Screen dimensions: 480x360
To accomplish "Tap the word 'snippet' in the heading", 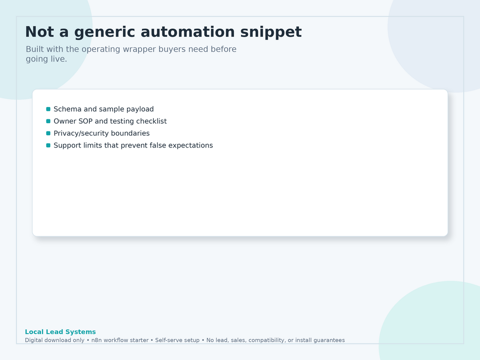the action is coord(271,32).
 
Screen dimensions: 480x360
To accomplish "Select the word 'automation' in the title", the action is coord(187,32).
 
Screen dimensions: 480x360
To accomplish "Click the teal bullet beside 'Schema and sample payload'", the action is coord(48,109).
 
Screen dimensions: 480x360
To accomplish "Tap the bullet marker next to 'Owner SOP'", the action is coord(48,121).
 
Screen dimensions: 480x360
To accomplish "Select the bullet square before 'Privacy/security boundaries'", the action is coord(48,133).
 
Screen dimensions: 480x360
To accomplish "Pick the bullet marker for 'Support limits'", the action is coord(48,146).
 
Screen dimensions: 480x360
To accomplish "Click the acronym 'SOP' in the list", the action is coord(85,121).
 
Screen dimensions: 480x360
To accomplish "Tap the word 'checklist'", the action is coord(151,121).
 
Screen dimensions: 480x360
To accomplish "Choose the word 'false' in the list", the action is coord(158,146).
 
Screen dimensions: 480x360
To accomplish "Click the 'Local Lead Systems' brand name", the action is coord(60,332).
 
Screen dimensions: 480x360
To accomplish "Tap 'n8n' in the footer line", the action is coord(97,340).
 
